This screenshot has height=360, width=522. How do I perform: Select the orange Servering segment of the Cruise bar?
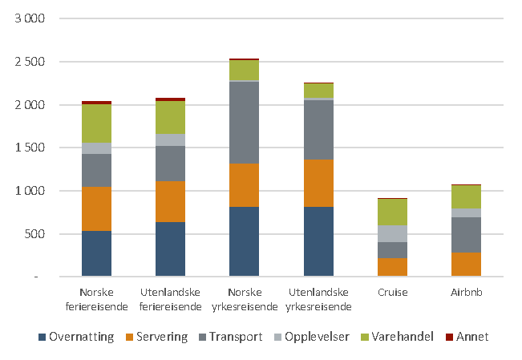point(393,267)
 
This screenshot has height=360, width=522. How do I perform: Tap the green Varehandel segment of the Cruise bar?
point(393,212)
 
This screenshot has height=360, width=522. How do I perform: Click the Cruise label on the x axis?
point(393,293)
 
